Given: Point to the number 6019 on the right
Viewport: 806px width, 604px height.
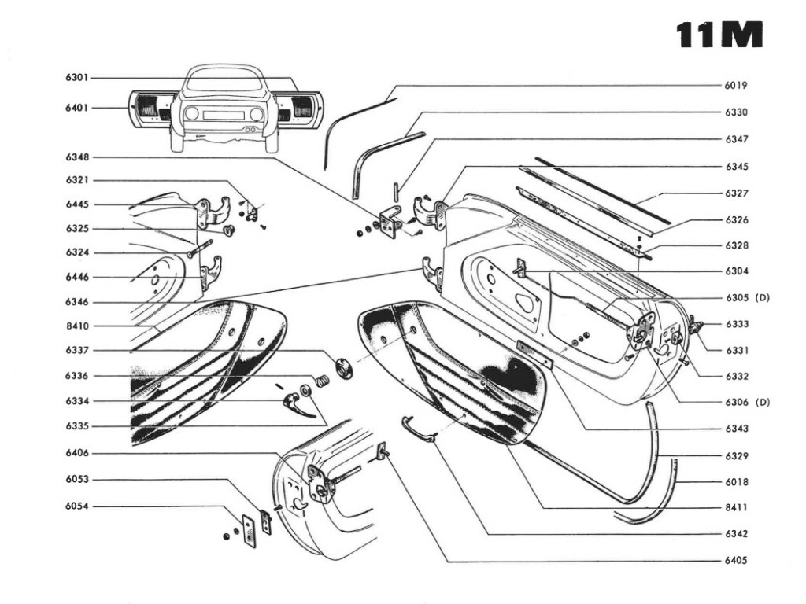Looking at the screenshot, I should point(736,85).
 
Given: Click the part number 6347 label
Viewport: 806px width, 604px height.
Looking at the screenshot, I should point(736,139).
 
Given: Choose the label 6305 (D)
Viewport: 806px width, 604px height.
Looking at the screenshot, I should point(745,298).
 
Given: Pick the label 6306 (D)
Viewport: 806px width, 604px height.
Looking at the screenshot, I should point(745,403).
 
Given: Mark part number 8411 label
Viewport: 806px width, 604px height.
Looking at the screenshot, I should point(736,507).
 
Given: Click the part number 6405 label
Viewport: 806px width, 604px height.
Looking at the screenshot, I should point(736,561).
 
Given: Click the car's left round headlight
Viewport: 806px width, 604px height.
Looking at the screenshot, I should point(191,113).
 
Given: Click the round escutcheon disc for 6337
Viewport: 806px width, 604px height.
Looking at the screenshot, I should point(344,366).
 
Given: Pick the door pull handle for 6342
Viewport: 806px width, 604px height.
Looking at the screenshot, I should point(418,428).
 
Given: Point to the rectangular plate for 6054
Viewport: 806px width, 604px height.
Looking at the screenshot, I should point(250,531).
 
